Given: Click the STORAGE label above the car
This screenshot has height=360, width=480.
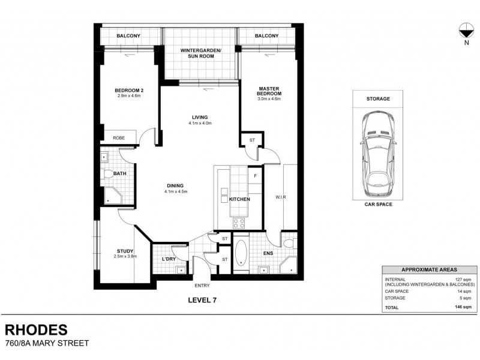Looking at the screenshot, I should point(378,98).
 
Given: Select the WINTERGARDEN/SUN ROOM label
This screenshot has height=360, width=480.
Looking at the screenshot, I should point(201,54).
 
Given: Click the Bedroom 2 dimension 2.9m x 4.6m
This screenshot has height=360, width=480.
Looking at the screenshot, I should point(129,97).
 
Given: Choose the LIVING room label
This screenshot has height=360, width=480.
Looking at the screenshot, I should point(199,118).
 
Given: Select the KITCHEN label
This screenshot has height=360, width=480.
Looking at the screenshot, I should point(239,198).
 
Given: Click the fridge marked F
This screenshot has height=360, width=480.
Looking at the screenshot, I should point(255,176).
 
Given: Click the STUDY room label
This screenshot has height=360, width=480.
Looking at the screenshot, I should point(125,251).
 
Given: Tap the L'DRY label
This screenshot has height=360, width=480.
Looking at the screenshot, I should point(168,259).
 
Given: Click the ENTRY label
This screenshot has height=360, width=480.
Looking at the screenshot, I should point(201,285).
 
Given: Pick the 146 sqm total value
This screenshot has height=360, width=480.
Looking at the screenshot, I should point(463,307).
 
